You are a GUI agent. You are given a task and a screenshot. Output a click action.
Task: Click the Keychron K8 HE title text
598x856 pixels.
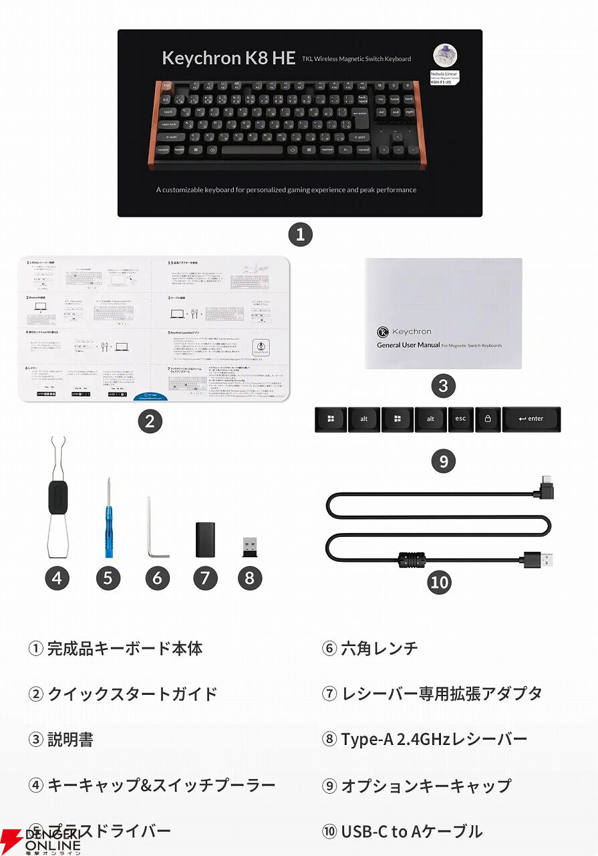229,58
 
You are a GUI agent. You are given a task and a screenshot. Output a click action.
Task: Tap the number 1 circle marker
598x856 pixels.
300,234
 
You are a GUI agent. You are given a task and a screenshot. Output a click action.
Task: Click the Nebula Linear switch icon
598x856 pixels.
444,56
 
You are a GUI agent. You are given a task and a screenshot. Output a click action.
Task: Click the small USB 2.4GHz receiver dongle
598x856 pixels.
249,545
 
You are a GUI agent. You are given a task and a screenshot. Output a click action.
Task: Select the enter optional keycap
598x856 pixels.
531,419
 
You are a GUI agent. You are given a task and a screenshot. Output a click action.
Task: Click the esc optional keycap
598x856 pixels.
461,419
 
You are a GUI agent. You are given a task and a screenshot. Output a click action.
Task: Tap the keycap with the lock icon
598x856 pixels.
488,419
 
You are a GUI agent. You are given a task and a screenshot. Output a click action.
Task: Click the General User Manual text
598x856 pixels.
408,345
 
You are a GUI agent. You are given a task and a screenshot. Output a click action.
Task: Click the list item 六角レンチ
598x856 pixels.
378,647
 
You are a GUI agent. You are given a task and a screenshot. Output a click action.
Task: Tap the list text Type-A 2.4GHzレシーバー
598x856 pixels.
433,739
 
